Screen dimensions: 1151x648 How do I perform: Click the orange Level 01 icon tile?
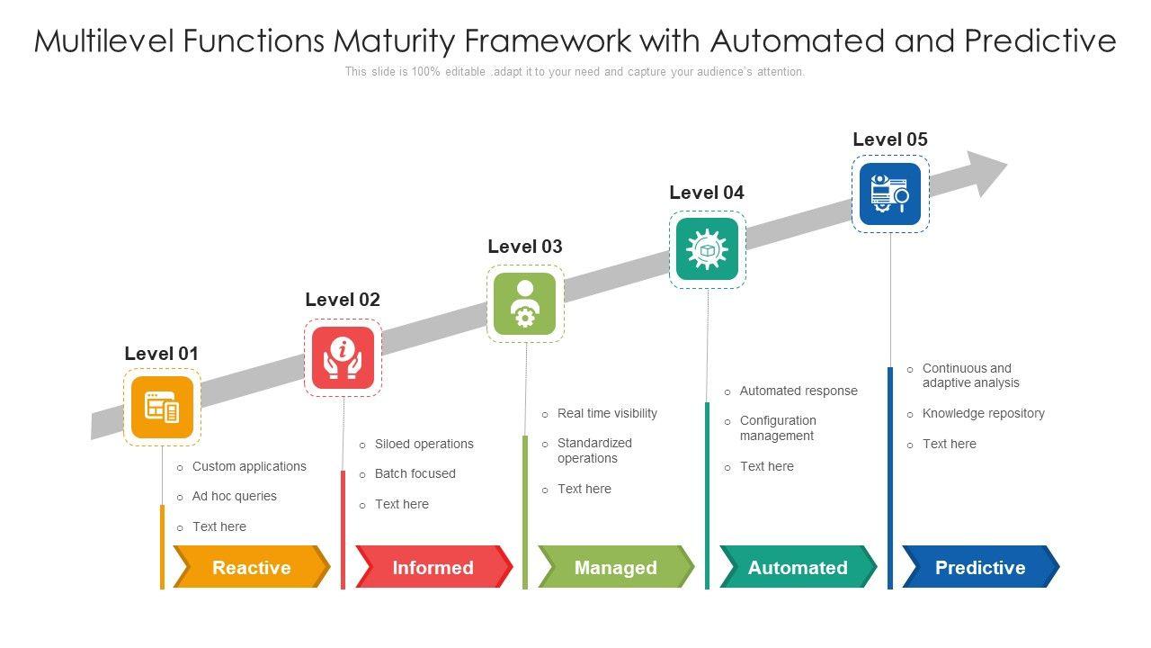tap(163, 407)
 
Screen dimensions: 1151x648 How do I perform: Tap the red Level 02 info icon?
tap(343, 358)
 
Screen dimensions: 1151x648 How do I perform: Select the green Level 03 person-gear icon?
tap(524, 303)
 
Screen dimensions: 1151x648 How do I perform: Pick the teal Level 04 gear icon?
tap(707, 249)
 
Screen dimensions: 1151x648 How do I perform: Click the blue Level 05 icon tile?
tap(890, 193)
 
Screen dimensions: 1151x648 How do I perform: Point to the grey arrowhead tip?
tap(1007, 164)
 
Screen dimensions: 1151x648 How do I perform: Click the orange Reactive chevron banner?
tap(252, 567)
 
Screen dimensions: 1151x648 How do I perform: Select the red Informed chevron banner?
tap(433, 567)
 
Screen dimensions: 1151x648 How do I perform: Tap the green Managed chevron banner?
tap(616, 567)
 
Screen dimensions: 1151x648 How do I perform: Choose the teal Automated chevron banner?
tap(798, 567)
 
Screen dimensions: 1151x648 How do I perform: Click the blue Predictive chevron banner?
tap(981, 567)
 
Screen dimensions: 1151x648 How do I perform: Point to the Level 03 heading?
tap(525, 247)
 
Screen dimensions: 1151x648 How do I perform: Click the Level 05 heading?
tap(890, 139)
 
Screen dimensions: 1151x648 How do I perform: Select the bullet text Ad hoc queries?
tap(235, 496)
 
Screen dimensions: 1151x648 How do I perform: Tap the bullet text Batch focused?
tap(415, 473)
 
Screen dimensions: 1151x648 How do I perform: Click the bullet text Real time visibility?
tap(607, 413)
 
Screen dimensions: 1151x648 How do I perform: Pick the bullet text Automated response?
tap(799, 391)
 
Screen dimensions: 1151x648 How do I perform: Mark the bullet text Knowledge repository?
tap(984, 413)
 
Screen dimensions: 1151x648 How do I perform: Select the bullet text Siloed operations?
tap(424, 444)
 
